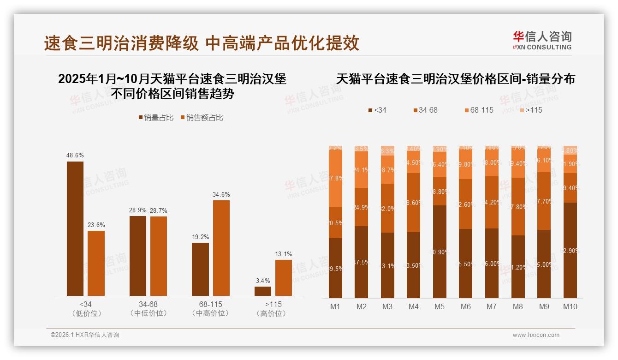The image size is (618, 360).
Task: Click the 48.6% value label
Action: tap(75, 155)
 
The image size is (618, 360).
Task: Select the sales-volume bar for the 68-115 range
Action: tap(200, 269)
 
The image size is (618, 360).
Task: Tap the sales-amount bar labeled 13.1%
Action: tap(284, 277)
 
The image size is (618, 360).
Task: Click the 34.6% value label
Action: tap(221, 194)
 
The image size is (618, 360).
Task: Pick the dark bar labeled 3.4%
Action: tap(263, 291)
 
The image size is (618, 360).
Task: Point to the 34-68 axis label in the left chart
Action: tap(149, 305)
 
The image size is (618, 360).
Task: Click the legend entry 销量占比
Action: tap(155, 118)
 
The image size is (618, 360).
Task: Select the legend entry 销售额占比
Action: tap(202, 118)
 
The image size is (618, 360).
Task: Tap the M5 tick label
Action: tap(440, 306)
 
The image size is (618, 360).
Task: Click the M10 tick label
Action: tap(570, 306)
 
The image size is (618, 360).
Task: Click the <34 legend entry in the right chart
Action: tap(377, 110)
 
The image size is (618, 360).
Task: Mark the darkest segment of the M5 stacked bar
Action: tap(440, 252)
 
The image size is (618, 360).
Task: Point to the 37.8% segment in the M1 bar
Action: tap(335, 178)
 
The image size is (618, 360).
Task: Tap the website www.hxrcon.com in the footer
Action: tap(536, 335)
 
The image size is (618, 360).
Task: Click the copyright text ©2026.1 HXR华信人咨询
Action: tap(85, 335)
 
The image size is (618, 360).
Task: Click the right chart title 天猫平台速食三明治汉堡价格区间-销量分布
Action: tap(455, 78)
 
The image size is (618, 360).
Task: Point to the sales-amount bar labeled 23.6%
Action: tap(96, 263)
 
